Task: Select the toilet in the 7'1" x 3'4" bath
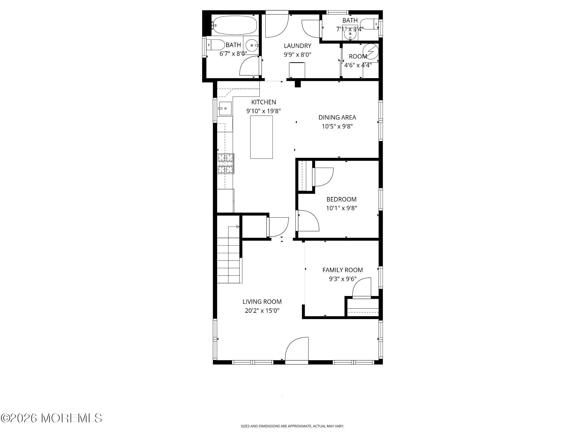[370, 24]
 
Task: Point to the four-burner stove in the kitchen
[226, 164]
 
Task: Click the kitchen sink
[225, 108]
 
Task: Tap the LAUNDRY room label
[297, 46]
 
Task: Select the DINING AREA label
[337, 117]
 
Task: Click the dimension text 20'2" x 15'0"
[262, 311]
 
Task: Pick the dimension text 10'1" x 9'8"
[341, 208]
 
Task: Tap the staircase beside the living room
[228, 259]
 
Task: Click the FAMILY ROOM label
[342, 270]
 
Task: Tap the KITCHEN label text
[263, 102]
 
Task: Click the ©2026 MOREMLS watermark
[51, 418]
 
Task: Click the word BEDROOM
[341, 199]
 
